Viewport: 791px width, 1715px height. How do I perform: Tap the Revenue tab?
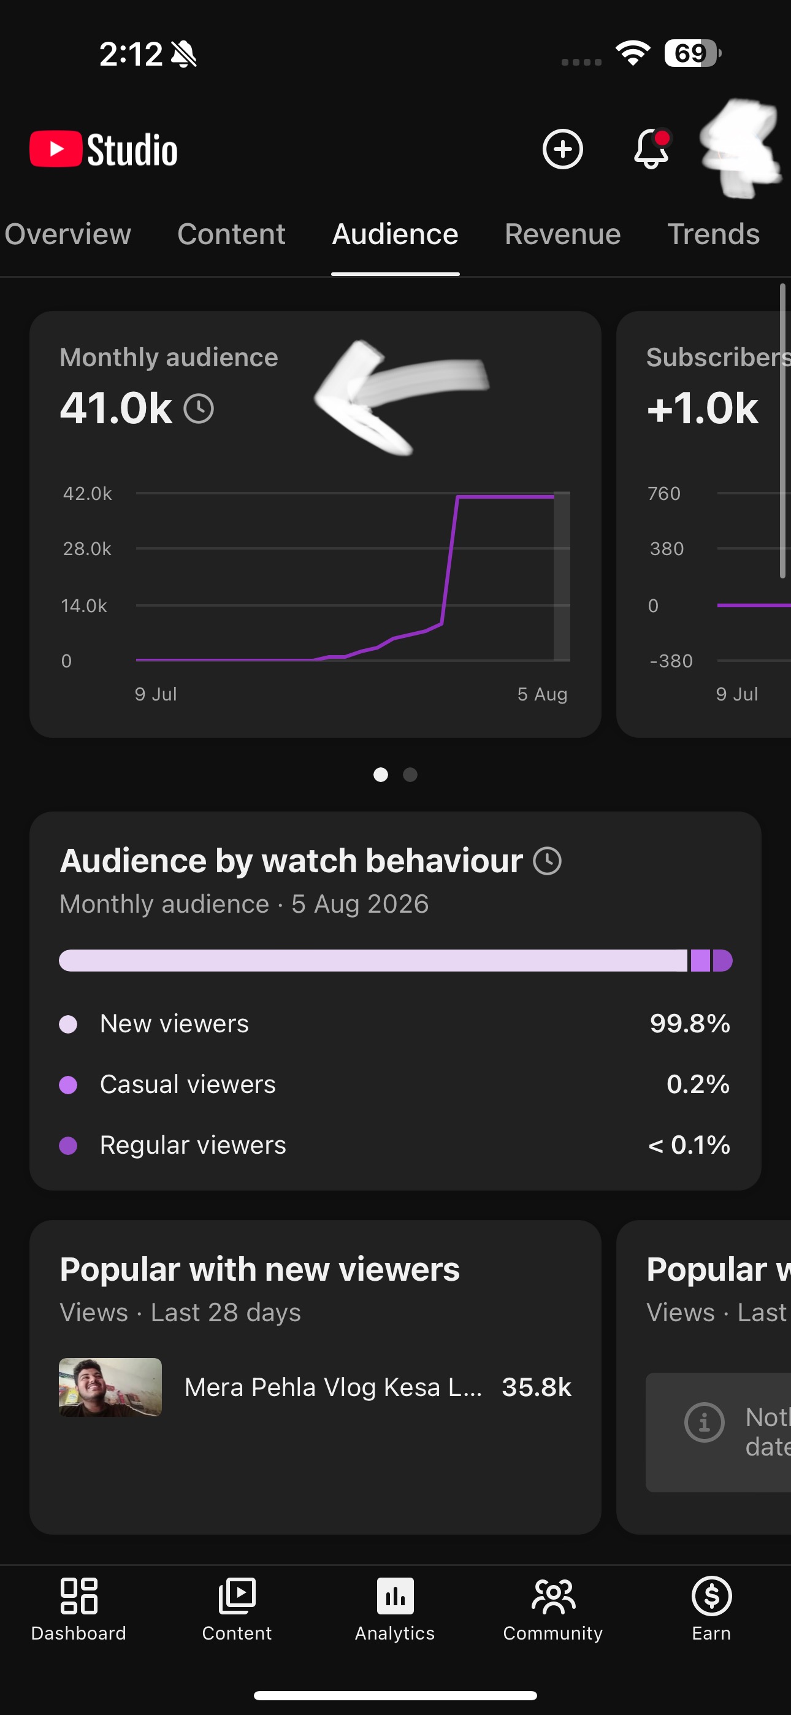pos(563,234)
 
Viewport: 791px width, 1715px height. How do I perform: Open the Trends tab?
pos(713,234)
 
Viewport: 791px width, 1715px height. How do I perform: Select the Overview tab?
pos(68,234)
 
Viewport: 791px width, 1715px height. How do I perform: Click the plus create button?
pos(563,148)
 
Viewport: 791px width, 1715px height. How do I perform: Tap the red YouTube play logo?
pos(56,148)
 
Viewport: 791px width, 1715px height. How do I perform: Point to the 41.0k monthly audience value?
pos(116,407)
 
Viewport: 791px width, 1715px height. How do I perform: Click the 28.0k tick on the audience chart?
pos(86,548)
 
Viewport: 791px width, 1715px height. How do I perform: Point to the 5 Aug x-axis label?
pos(543,694)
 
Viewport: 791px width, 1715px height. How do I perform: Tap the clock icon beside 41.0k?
pos(199,409)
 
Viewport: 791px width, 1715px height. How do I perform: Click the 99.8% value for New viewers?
pos(690,1023)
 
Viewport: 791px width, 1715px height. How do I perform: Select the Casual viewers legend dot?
pos(69,1084)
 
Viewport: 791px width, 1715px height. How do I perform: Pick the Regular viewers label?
pos(193,1145)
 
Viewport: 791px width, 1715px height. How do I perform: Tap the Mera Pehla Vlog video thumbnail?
pos(110,1387)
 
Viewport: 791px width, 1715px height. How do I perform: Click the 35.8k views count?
pos(537,1387)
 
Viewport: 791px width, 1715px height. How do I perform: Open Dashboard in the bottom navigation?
pos(78,1608)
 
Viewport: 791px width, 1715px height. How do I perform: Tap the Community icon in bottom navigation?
pos(553,1597)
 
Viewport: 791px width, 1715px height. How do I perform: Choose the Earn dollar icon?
pos(712,1596)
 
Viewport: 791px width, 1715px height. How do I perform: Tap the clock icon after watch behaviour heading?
pos(548,861)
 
